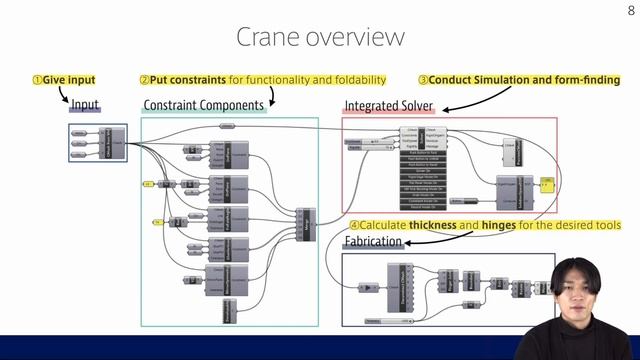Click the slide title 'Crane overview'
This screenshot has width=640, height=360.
(320, 37)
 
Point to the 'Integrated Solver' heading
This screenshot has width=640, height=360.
(389, 105)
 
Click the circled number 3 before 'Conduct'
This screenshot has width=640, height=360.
(423, 79)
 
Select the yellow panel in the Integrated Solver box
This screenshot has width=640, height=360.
(547, 184)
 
